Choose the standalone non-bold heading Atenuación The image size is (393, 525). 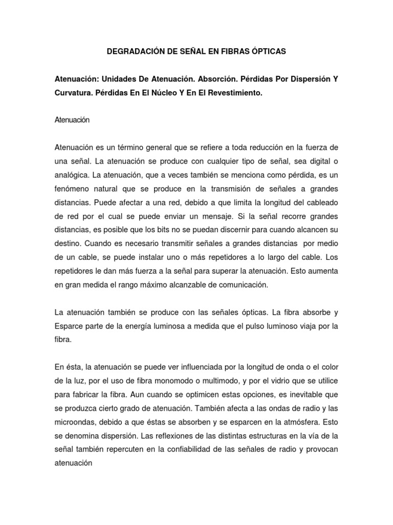coord(72,120)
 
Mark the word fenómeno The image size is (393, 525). coord(73,188)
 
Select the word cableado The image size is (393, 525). coord(320,201)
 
